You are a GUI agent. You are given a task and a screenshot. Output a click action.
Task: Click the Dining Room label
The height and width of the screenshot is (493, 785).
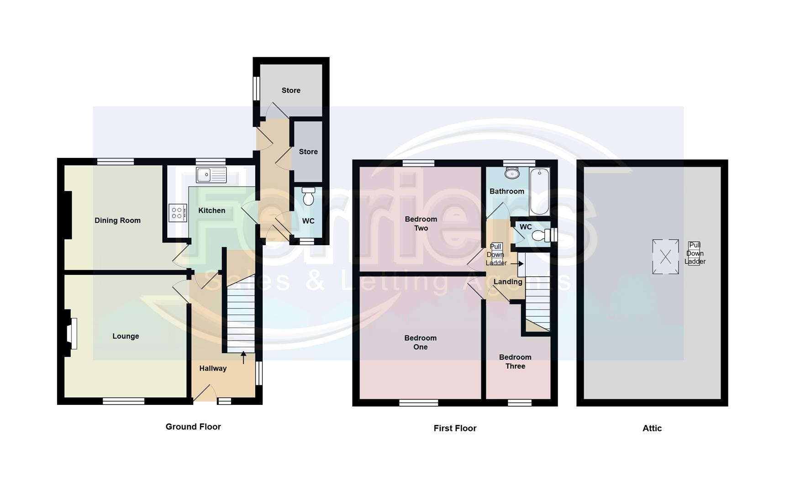[x=117, y=220]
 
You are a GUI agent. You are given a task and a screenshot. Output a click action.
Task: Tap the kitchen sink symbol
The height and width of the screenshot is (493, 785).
[x=211, y=175]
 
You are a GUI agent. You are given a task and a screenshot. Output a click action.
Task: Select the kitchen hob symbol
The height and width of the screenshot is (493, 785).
[x=178, y=212]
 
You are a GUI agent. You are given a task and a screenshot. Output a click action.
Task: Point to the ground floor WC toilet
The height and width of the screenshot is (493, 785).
[x=309, y=197]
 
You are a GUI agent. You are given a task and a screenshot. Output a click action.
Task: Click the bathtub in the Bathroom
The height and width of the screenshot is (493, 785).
[x=539, y=191]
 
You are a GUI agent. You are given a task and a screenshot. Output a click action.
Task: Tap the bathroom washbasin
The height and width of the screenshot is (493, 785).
[x=512, y=173]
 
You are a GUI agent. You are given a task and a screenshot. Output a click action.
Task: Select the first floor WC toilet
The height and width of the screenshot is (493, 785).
[x=542, y=235]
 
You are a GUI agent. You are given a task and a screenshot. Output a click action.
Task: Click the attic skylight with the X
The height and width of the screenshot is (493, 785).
[x=665, y=257]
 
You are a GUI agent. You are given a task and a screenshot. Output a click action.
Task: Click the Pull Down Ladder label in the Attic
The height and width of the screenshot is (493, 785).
[x=695, y=253]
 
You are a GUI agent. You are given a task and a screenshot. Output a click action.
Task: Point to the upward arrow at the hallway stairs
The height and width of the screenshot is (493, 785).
[x=243, y=357]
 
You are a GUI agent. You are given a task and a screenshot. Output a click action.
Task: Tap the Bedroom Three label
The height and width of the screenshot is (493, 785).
[x=515, y=362]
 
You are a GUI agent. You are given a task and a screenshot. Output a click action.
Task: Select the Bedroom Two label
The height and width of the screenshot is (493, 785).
[x=421, y=224]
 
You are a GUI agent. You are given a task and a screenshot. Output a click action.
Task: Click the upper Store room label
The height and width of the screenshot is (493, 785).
[x=291, y=90]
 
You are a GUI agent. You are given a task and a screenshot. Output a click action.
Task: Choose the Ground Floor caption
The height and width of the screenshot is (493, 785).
[x=193, y=427]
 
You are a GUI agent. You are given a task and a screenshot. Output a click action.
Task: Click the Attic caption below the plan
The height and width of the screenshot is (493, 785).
[x=652, y=428]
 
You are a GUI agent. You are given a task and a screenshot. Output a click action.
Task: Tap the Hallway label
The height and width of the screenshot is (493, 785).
[x=213, y=368]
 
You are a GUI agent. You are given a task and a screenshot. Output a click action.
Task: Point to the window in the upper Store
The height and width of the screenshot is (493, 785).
[x=257, y=88]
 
